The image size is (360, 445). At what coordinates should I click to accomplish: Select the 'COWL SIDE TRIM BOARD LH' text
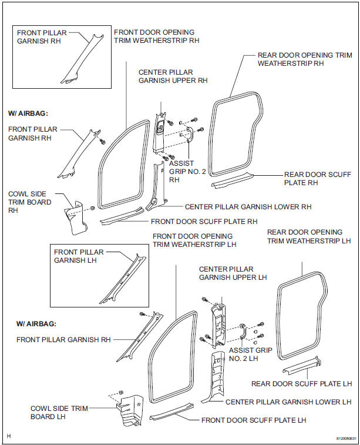click(x=49, y=412)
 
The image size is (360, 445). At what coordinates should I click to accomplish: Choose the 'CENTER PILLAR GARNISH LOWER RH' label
click(x=248, y=207)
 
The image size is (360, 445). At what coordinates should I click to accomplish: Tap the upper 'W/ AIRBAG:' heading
click(x=27, y=112)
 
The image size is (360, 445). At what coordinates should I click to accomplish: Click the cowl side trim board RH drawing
click(x=75, y=215)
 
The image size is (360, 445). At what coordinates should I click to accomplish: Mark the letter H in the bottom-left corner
click(x=8, y=436)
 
